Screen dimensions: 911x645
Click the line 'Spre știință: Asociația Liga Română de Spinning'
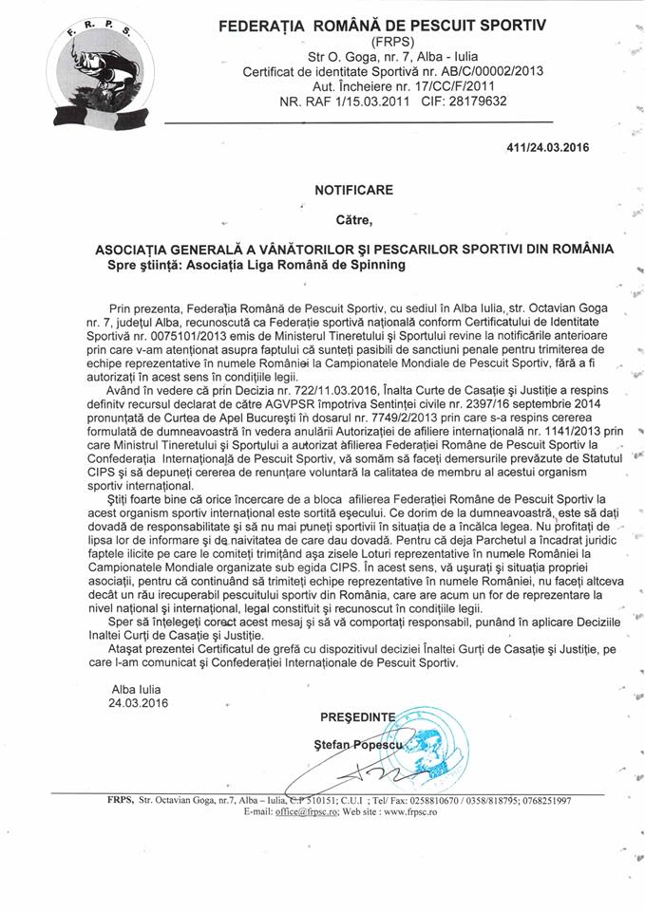256,265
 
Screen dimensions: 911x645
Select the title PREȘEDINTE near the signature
356,717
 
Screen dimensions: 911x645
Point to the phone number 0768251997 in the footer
537,801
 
